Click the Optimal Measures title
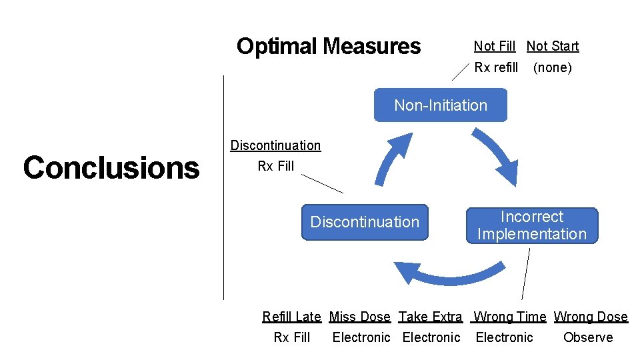tap(329, 47)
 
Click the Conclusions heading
tap(111, 168)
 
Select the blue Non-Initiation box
tap(440, 105)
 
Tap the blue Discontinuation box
tap(365, 222)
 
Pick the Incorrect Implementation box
tap(531, 225)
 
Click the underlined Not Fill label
tap(494, 46)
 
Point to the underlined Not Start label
tap(552, 46)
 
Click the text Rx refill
tap(495, 67)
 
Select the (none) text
tap(552, 67)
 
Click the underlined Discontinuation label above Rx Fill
tap(275, 145)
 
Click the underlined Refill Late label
tap(291, 317)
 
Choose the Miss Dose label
tap(360, 317)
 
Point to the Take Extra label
tap(430, 317)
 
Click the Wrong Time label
tap(509, 317)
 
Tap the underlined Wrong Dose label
tap(591, 317)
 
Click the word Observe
tap(587, 337)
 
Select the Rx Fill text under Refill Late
tap(291, 337)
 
